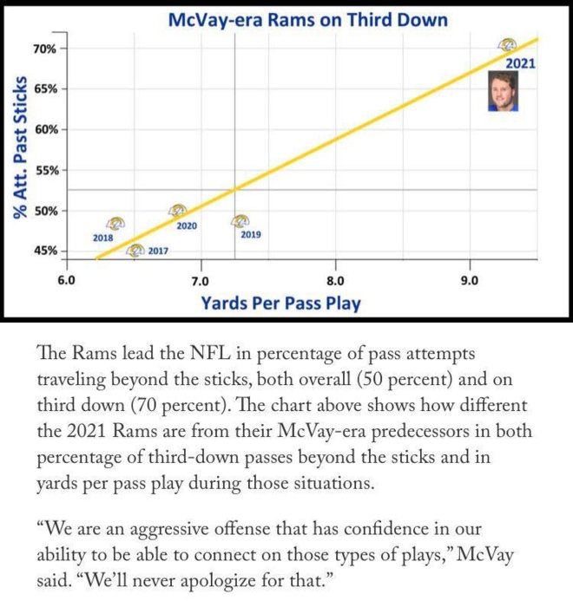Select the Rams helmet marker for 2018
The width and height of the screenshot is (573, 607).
coord(115,224)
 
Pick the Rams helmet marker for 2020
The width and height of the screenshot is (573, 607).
coord(178,211)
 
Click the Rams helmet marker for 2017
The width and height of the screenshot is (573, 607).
coord(135,251)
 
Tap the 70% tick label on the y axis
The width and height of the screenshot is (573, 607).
coord(45,49)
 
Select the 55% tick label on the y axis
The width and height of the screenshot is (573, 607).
coord(45,170)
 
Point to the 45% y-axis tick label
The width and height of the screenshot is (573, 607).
coord(45,251)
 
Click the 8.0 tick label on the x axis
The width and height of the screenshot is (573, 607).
coord(335,281)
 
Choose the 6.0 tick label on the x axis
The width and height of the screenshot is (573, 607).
coord(66,281)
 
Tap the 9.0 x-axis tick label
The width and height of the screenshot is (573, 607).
coord(470,281)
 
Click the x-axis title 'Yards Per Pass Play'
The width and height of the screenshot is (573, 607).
coord(281,303)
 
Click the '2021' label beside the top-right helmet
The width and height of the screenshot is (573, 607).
coord(521,63)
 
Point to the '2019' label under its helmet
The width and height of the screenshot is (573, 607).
coord(250,235)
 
